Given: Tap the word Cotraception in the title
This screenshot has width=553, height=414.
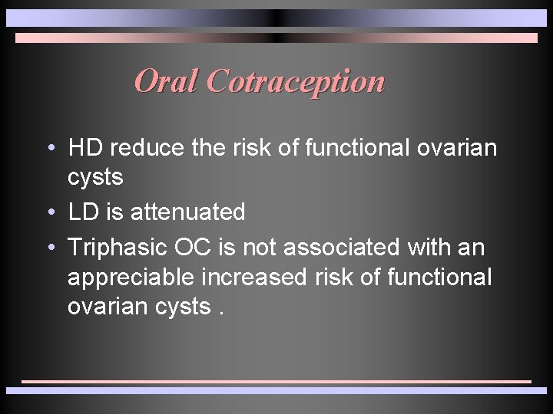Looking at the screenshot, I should [295, 80].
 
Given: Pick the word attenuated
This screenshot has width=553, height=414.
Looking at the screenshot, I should [187, 212].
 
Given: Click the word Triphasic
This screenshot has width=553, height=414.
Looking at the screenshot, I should [118, 247].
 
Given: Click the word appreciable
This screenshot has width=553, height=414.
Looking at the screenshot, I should [134, 277].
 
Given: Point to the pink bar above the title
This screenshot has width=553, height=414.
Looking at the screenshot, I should [276, 38].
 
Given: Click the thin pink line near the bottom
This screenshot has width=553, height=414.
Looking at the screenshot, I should [276, 381].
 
